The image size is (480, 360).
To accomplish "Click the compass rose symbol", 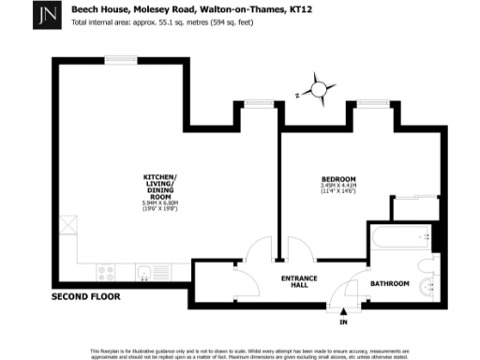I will coord(319,90).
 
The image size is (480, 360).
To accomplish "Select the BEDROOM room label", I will coord(338,179).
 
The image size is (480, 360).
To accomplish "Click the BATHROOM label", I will coord(388,281).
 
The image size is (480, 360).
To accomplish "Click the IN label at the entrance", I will coord(343,322).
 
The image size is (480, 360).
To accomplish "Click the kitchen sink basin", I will coord(147,274).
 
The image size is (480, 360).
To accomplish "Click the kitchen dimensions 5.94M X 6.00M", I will coord(159,202).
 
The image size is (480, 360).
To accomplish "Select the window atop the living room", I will coord(121,62).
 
